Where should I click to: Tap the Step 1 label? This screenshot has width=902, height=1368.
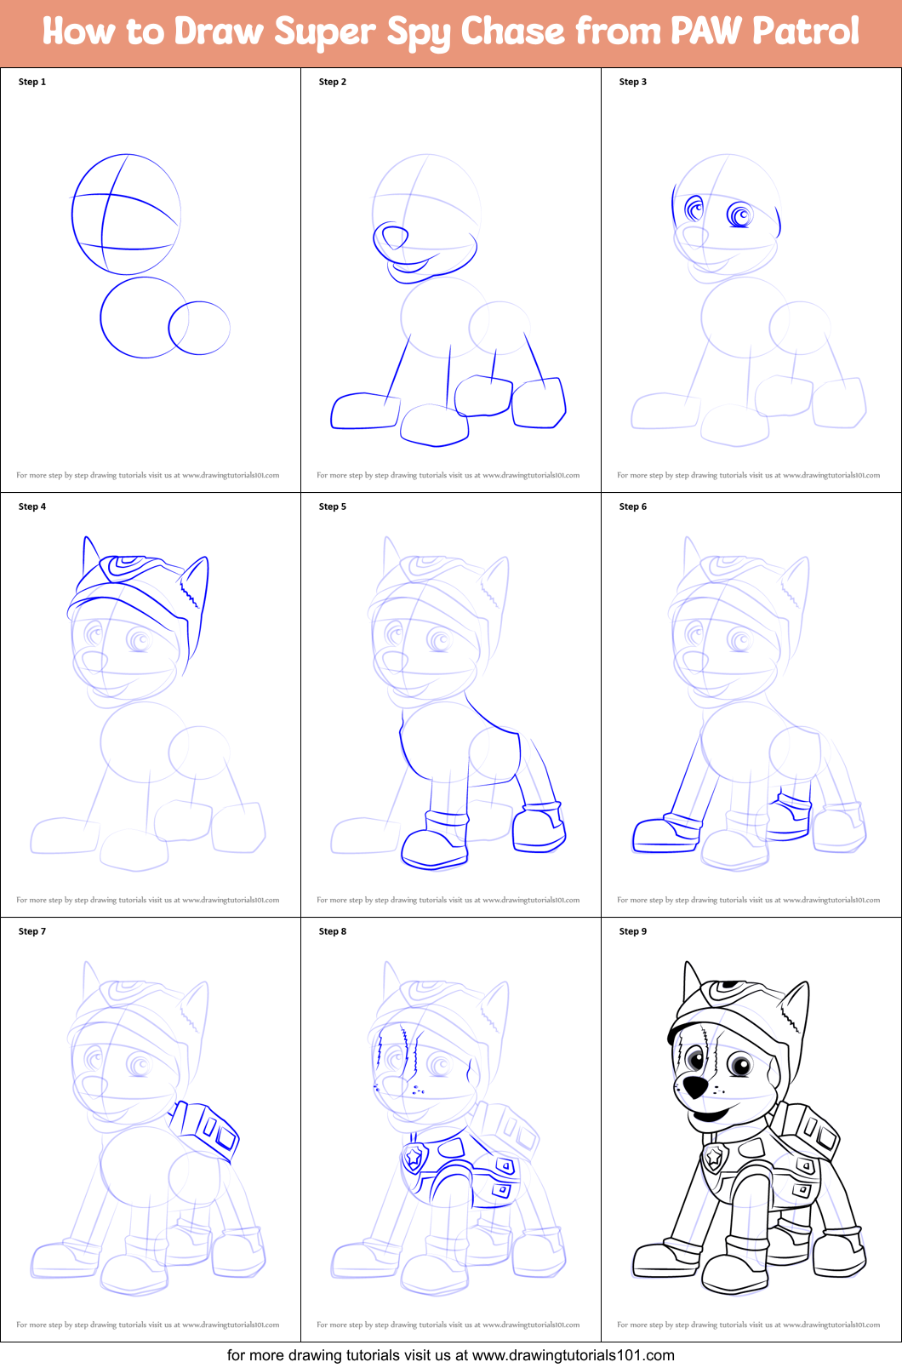[32, 82]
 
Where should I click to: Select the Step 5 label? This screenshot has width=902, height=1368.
[332, 507]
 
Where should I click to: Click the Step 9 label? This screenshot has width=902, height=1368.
[632, 931]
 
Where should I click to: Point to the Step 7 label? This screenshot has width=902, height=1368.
[32, 931]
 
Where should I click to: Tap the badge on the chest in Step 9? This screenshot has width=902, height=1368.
[713, 1156]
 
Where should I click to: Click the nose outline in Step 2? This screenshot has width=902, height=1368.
[393, 237]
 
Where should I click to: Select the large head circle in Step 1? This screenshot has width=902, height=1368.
[126, 214]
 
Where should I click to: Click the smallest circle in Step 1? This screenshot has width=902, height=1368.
[199, 328]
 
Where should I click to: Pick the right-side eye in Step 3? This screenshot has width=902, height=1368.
[739, 214]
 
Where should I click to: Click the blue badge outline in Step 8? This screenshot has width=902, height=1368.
[414, 1157]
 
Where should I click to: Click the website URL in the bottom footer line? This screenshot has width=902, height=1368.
[573, 1355]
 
